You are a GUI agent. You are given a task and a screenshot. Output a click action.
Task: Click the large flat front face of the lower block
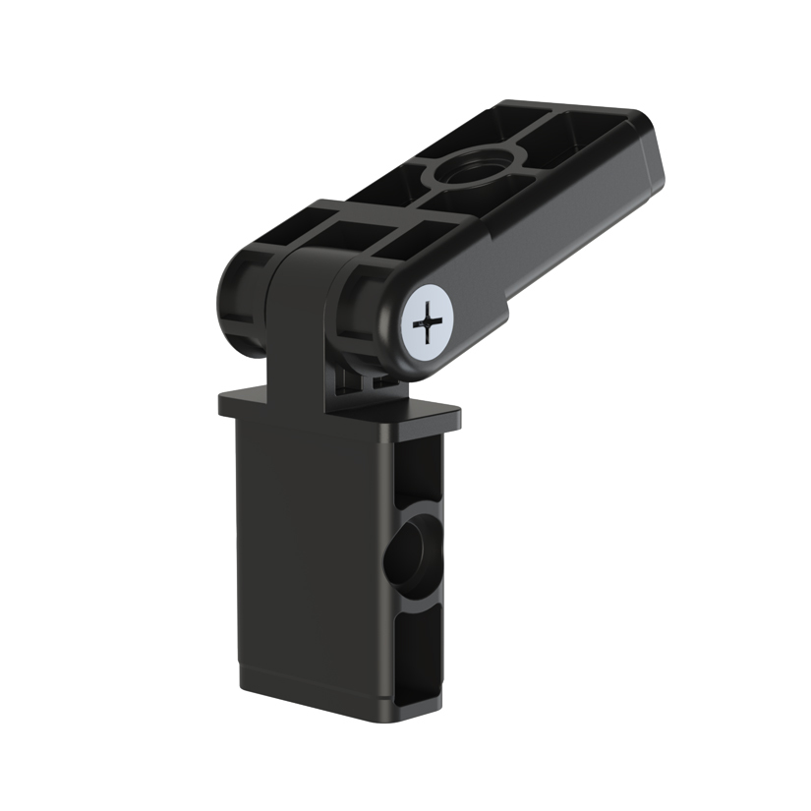point(305,550)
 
